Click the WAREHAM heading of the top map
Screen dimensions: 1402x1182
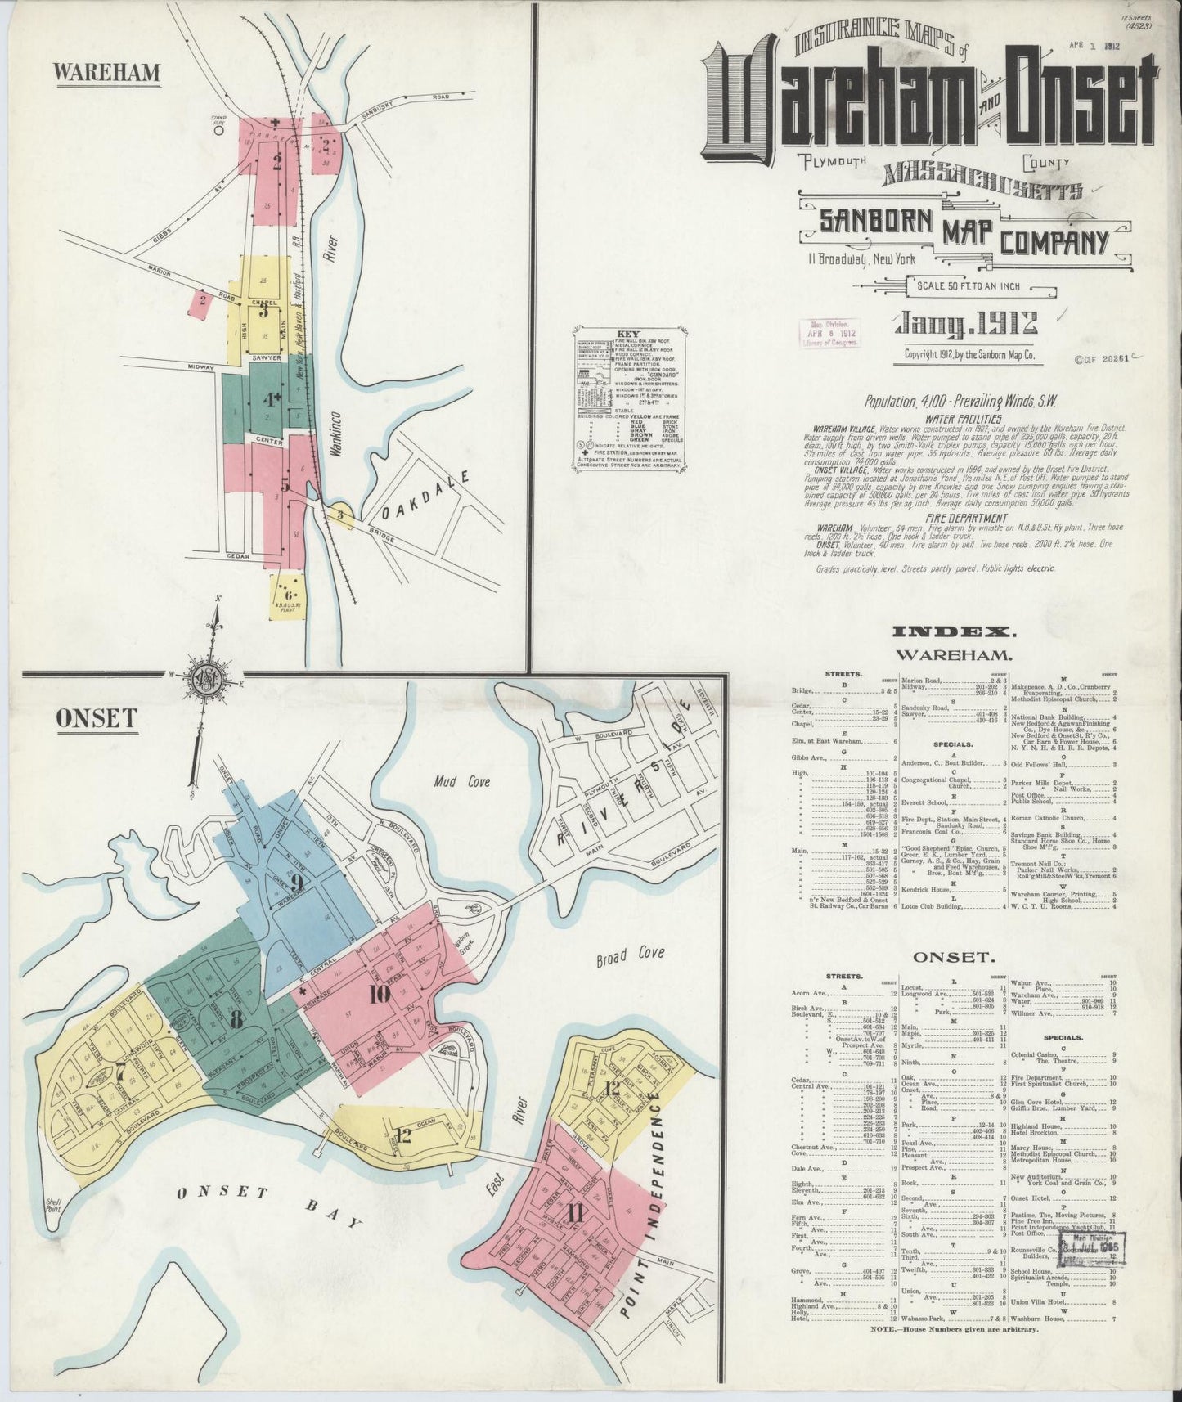tap(106, 72)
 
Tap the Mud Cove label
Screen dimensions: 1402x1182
tap(462, 782)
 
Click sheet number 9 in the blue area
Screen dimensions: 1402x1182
tap(296, 881)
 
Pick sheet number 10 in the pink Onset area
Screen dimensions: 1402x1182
tap(378, 995)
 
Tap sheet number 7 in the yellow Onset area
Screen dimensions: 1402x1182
tap(120, 1069)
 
